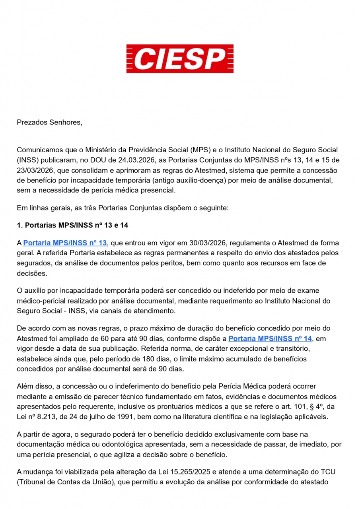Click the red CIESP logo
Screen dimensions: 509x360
(180, 58)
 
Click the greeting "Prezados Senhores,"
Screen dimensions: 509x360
(49, 122)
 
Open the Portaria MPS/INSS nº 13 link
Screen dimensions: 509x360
(65, 243)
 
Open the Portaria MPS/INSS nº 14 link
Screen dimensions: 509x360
(270, 339)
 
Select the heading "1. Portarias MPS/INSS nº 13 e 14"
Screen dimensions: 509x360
(72, 225)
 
